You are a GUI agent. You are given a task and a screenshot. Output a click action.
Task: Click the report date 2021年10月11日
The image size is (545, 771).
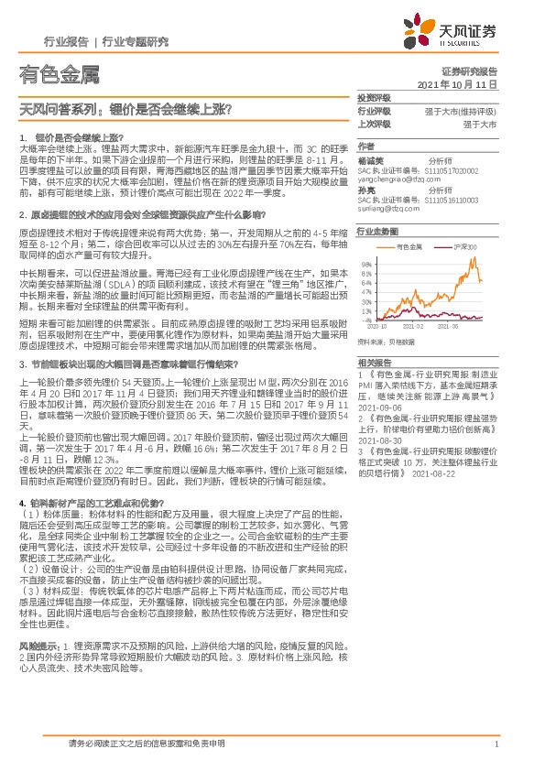point(463,83)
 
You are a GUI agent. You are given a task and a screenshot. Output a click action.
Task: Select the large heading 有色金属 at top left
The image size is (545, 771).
point(57,74)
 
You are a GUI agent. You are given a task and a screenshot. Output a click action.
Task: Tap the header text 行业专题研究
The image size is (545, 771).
point(136,41)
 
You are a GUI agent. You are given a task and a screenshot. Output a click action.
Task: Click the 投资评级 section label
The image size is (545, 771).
point(373,97)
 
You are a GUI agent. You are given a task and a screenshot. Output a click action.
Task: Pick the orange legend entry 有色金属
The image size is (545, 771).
point(410,247)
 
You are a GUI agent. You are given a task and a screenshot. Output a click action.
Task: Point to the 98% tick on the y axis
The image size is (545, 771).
point(366,264)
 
